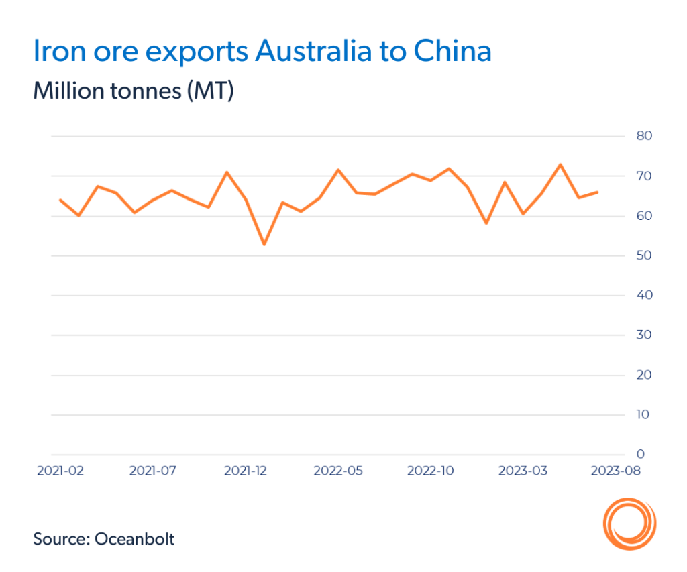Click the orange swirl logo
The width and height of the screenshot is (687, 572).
(x=629, y=522)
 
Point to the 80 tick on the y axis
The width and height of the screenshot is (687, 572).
(x=645, y=136)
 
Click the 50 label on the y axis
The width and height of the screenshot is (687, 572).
(x=645, y=255)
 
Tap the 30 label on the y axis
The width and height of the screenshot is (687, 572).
(x=645, y=335)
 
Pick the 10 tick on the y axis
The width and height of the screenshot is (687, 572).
(x=645, y=415)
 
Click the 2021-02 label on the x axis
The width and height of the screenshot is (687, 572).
(x=60, y=471)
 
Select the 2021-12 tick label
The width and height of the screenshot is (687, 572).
(x=246, y=471)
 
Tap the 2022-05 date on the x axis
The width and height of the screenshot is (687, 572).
(x=338, y=471)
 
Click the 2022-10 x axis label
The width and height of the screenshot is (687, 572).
(x=431, y=471)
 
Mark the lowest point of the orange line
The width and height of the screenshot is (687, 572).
(x=264, y=244)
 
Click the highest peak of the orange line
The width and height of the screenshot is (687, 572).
(x=560, y=164)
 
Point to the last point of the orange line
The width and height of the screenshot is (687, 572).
(x=597, y=192)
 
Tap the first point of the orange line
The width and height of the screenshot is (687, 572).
(x=60, y=200)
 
